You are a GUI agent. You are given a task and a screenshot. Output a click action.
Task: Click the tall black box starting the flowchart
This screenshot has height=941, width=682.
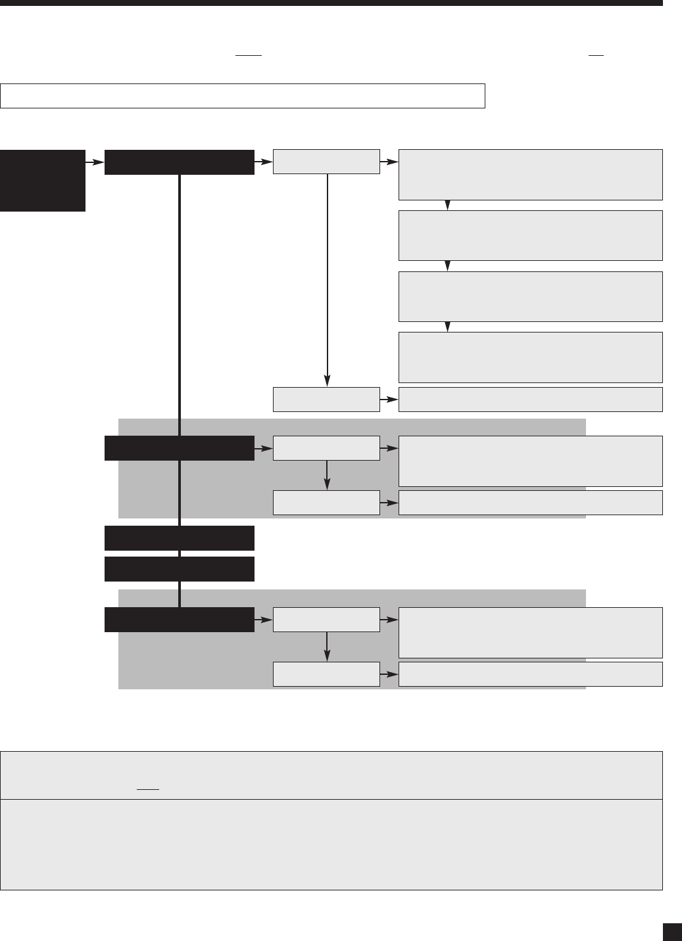43,180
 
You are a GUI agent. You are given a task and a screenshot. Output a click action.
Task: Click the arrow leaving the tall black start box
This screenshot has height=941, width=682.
95,162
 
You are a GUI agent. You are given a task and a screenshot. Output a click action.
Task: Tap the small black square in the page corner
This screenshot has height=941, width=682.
670,931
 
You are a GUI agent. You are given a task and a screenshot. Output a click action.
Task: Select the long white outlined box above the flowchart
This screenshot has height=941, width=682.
243,95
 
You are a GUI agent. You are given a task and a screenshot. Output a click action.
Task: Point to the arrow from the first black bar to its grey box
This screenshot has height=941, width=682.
263,162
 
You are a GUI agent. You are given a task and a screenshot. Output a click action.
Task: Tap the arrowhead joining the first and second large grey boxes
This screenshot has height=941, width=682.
448,205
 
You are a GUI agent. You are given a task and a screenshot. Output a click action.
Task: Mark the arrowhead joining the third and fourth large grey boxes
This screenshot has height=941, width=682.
448,327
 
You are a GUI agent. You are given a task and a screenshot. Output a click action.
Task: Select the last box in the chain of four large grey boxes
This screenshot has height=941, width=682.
530,357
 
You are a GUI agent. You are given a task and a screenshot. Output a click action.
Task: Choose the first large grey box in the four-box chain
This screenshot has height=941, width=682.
530,174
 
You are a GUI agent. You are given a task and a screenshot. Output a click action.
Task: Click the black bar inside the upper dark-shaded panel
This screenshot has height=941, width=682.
179,448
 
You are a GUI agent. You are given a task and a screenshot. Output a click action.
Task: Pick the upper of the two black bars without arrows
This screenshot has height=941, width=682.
179,538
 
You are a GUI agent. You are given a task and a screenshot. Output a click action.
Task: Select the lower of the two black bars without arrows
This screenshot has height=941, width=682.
179,568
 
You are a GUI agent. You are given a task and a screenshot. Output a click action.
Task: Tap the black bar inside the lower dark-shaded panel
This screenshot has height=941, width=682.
179,620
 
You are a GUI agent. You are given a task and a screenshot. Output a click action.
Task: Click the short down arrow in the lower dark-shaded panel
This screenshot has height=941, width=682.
327,647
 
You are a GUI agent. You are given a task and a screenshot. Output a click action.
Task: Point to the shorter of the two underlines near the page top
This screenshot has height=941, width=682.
596,56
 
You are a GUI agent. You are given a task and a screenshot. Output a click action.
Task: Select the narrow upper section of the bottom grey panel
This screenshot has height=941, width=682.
331,775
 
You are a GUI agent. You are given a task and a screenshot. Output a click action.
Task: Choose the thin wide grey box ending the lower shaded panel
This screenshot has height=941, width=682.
530,674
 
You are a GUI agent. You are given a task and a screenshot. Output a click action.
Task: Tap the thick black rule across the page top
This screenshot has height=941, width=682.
331,3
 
